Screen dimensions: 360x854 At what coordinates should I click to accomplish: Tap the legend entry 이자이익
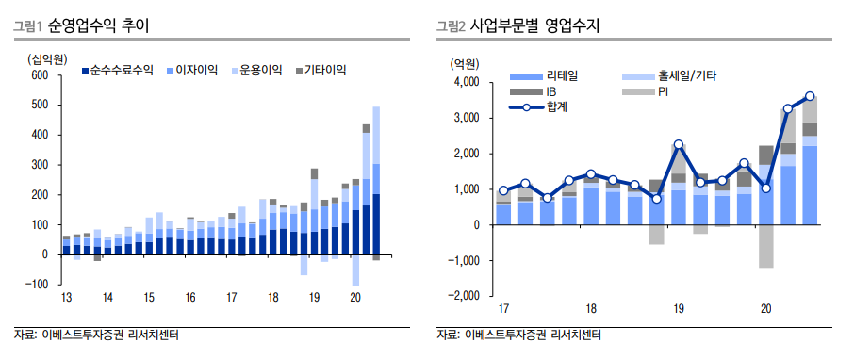(197, 70)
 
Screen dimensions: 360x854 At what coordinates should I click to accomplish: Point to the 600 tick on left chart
(41, 75)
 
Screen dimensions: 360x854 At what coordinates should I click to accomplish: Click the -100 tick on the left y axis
(39, 284)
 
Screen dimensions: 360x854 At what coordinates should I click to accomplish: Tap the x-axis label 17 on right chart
(503, 309)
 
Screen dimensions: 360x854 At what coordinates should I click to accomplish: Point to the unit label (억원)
(463, 63)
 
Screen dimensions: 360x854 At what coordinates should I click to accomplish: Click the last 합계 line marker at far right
(810, 96)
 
